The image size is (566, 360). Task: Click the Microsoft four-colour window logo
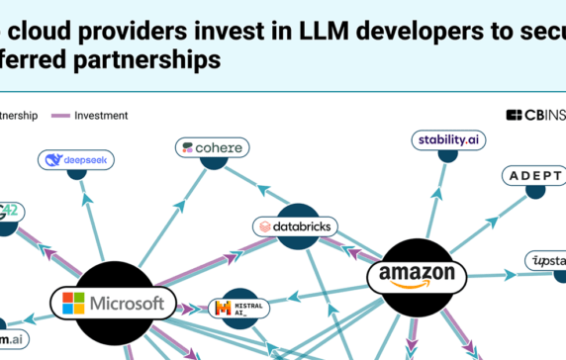pyautogui.click(x=73, y=303)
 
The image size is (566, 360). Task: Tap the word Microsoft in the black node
pyautogui.click(x=126, y=303)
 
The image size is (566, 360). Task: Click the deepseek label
pyautogui.click(x=76, y=158)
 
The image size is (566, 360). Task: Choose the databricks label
pyautogui.click(x=296, y=226)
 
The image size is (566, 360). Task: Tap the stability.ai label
pyautogui.click(x=449, y=139)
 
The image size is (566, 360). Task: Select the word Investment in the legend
pyautogui.click(x=101, y=116)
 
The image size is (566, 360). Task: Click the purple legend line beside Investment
pyautogui.click(x=56, y=116)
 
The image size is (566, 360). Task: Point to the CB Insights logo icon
pyautogui.click(x=514, y=115)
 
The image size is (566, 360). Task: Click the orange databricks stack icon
pyautogui.click(x=265, y=226)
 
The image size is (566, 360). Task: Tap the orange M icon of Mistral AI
pyautogui.click(x=224, y=309)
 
